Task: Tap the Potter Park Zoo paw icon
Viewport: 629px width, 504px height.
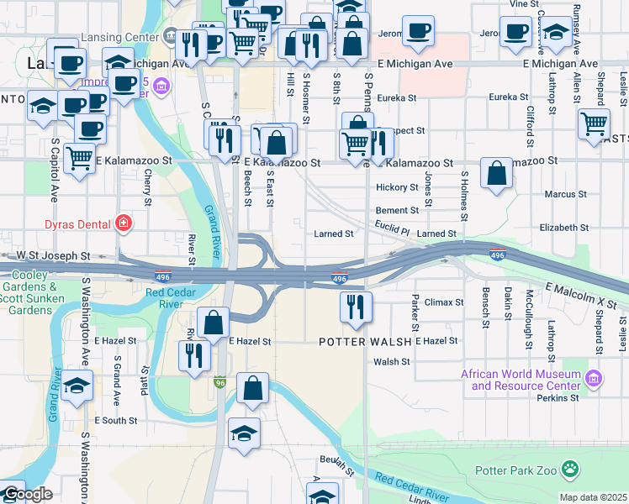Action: (x=571, y=469)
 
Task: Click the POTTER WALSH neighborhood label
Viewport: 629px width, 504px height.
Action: (x=365, y=342)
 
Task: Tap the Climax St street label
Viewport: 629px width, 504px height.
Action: (x=443, y=302)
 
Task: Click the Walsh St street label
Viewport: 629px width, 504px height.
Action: (x=391, y=362)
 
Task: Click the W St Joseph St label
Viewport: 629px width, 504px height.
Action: (x=53, y=255)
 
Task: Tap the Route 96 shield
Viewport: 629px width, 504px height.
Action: (x=220, y=381)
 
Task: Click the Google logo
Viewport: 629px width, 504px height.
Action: (x=27, y=494)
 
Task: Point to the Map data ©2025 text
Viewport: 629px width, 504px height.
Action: (x=594, y=497)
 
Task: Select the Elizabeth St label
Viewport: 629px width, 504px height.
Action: (x=564, y=228)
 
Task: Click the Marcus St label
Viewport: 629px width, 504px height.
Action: (x=559, y=194)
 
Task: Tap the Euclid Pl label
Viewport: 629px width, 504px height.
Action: (x=392, y=229)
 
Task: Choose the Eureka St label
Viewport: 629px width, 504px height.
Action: (x=398, y=98)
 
